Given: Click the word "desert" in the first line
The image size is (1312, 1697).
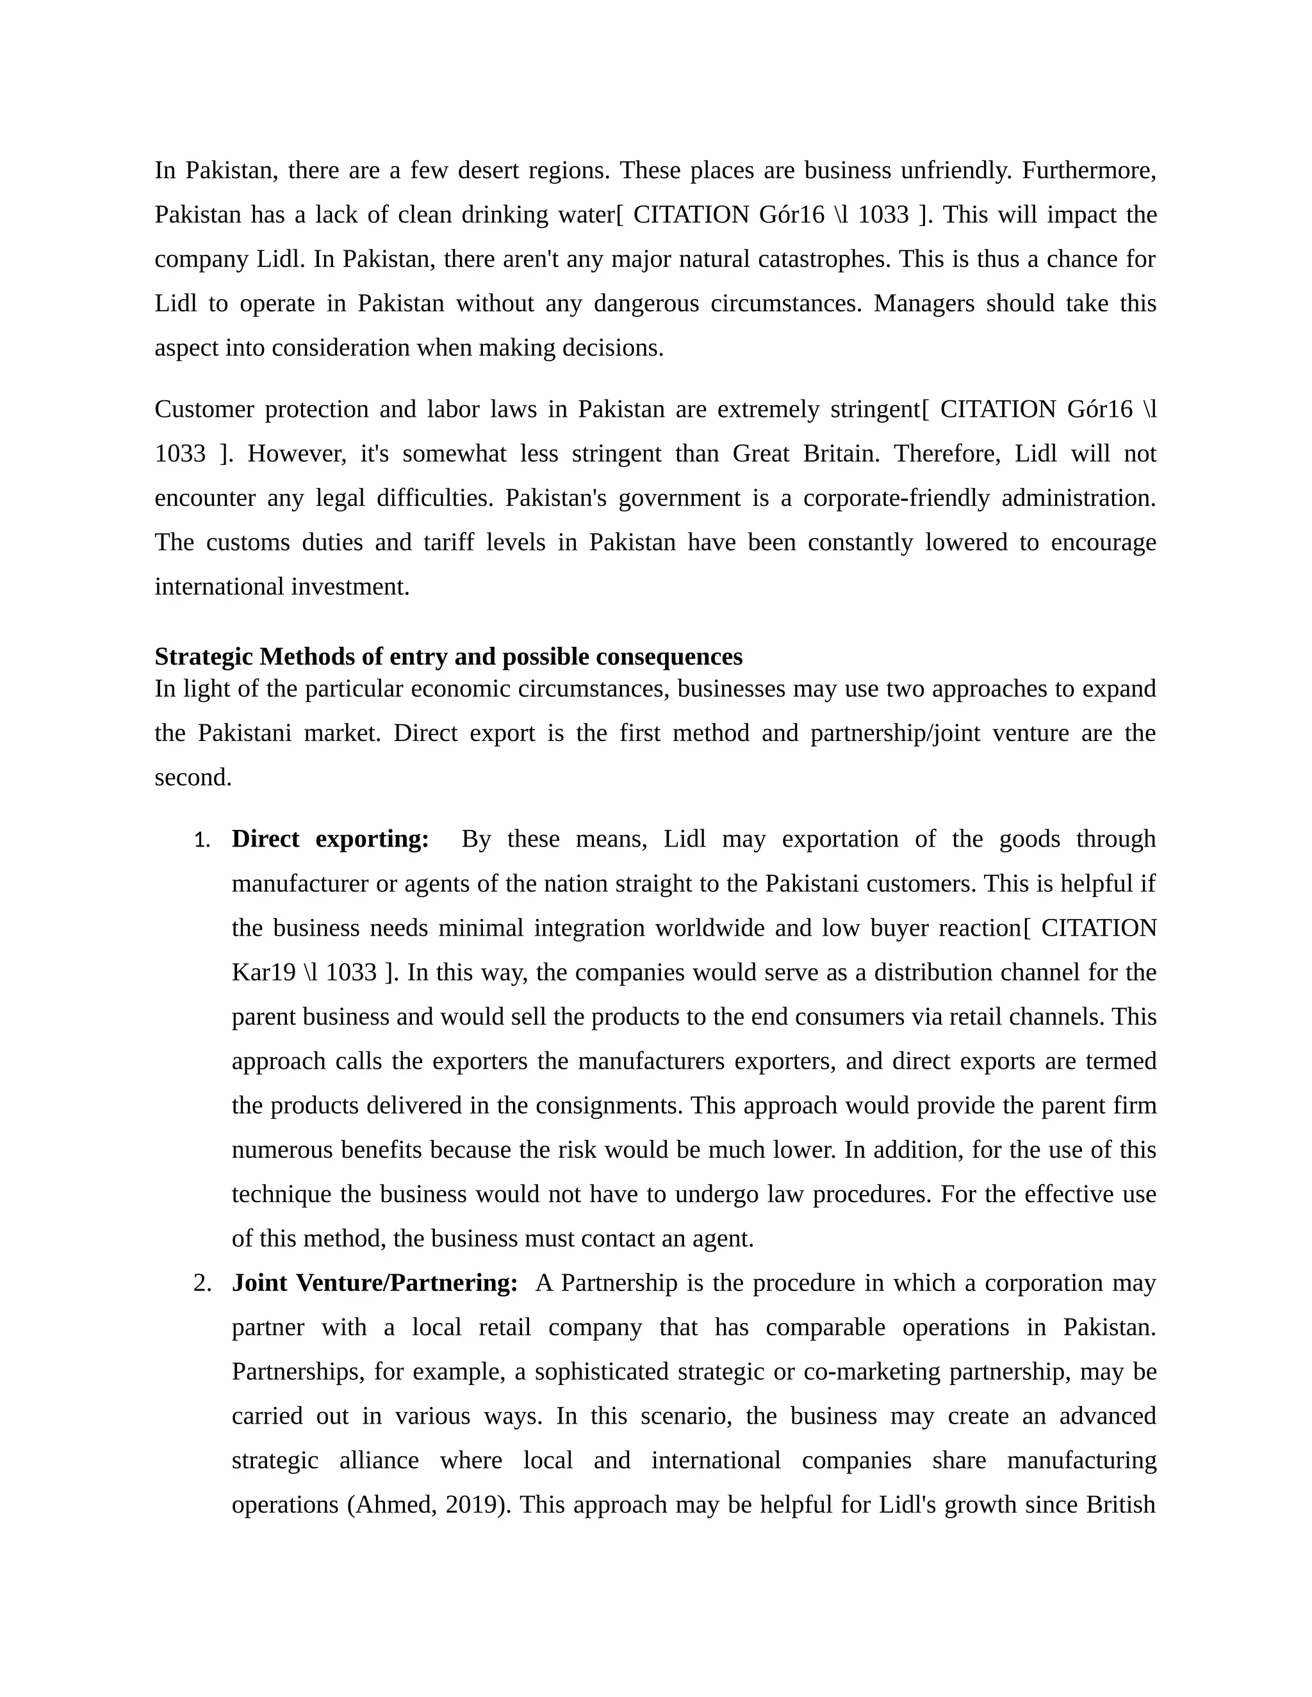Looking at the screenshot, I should click(x=488, y=170).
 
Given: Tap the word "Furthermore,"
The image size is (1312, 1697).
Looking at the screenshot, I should click(x=1088, y=170).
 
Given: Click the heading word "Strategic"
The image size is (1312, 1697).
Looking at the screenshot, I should click(x=204, y=656).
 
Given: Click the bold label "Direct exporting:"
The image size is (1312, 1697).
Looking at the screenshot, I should click(x=331, y=839).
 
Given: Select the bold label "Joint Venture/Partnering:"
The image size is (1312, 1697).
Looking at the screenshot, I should click(x=375, y=1283).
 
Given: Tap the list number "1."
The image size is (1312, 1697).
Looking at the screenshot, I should click(x=202, y=840).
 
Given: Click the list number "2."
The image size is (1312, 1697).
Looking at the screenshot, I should click(x=202, y=1283).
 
